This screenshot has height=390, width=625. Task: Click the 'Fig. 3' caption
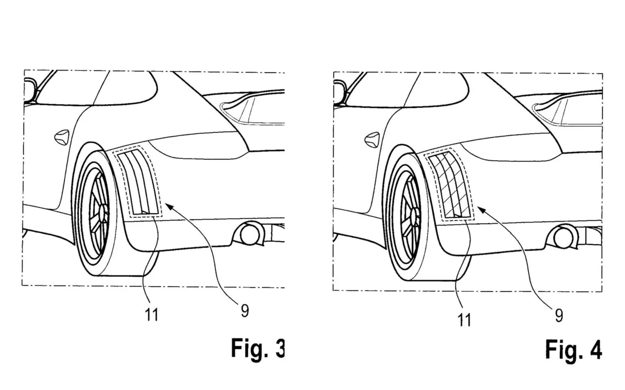click(258, 348)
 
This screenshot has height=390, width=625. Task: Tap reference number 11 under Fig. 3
click(152, 314)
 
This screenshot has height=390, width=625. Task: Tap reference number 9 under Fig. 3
click(245, 311)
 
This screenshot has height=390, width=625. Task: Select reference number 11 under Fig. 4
click(464, 320)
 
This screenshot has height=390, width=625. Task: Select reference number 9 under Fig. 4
click(559, 315)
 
